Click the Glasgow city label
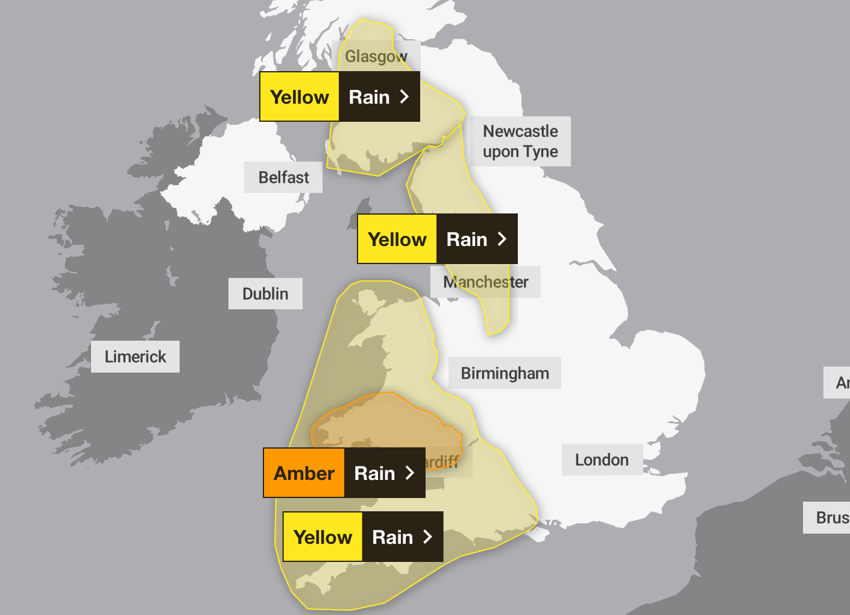point(376,57)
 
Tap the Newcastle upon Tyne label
point(520,141)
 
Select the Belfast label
point(283,177)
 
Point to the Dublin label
point(265,294)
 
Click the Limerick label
point(135,356)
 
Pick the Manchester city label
point(486,282)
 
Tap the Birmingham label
point(505,373)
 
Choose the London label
point(602,459)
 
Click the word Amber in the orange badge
point(304,473)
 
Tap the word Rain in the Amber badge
point(374,473)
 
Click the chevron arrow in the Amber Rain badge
point(410,473)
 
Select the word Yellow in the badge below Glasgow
point(300,97)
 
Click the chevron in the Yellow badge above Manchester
point(502,239)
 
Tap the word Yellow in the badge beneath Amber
point(323,537)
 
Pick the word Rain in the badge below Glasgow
point(369,97)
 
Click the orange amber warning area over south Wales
point(386,422)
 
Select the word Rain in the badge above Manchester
point(467,239)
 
